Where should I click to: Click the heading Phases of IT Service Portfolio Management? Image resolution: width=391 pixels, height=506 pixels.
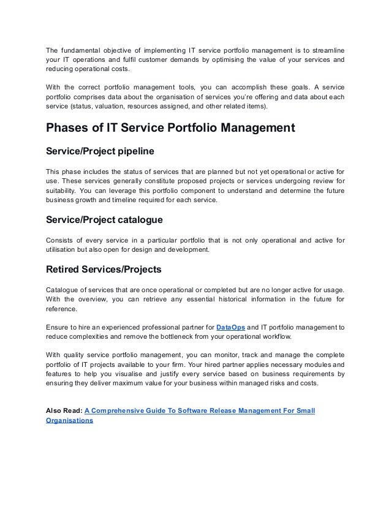click(171, 128)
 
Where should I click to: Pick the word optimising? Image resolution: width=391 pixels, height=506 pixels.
click(229, 60)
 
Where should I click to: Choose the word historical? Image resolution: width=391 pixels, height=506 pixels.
click(226, 299)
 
